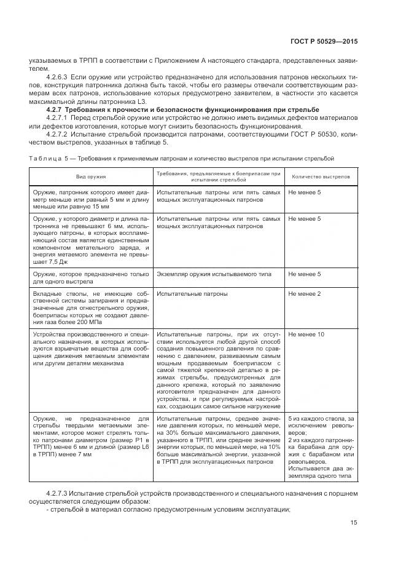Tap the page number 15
[353, 523]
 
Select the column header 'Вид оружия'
[91, 176]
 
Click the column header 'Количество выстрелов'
[320, 176]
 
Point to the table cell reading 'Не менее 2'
[305, 295]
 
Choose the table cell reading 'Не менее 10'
[306, 335]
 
